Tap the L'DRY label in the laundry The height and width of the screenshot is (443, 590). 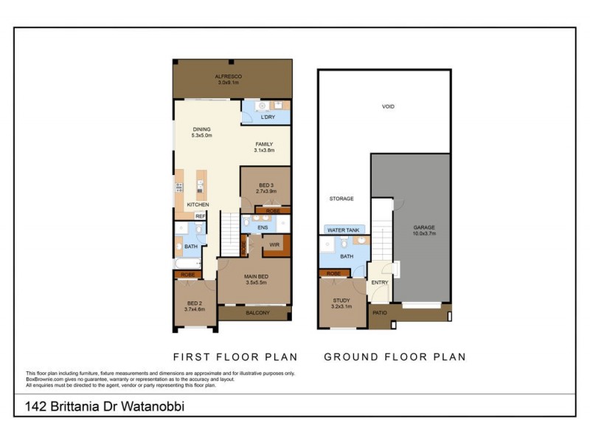point(268,117)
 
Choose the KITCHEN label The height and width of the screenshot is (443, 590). point(198,205)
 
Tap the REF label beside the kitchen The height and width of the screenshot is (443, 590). point(199,216)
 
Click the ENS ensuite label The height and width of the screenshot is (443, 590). point(262,229)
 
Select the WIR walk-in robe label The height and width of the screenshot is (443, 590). point(274,244)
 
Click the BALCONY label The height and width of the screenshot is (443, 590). point(257,313)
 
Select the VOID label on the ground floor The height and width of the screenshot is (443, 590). point(388,107)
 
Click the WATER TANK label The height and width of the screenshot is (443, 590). point(343,230)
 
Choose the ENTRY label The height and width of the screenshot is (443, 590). point(380,283)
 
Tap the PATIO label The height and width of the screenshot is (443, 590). point(380,313)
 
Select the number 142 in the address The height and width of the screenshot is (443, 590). point(34,406)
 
